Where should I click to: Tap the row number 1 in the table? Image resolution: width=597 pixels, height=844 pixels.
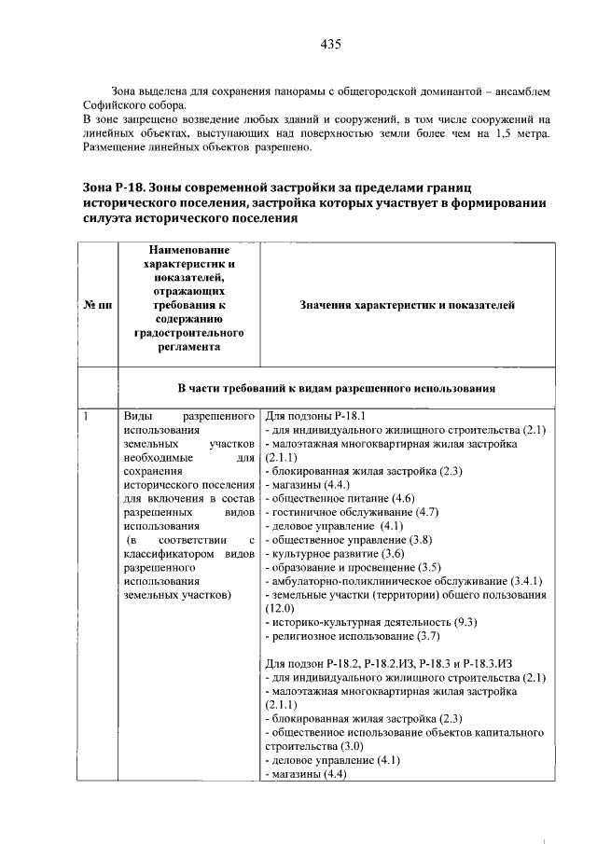click(x=85, y=416)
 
